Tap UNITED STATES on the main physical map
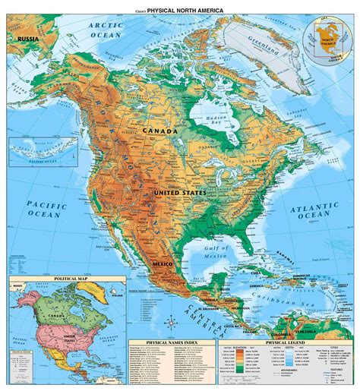[179, 194]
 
